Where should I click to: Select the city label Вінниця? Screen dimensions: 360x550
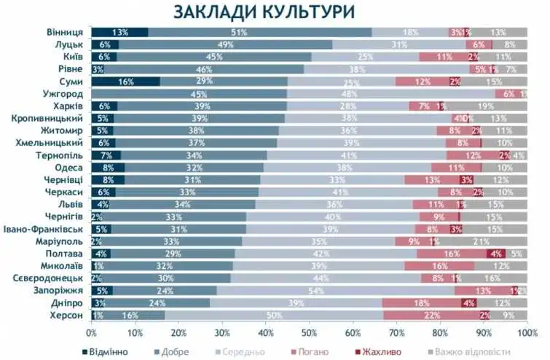64,32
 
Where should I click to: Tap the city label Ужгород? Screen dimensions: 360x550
62,94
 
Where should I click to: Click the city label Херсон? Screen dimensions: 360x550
66,315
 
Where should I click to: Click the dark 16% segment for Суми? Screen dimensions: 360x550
125,82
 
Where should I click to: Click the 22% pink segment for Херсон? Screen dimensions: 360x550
431,315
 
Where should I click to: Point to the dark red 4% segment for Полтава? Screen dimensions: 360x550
496,253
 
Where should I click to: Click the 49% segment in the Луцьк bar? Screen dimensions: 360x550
225,44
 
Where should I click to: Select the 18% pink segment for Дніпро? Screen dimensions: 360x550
422,302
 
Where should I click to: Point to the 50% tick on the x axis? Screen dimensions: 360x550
310,332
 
